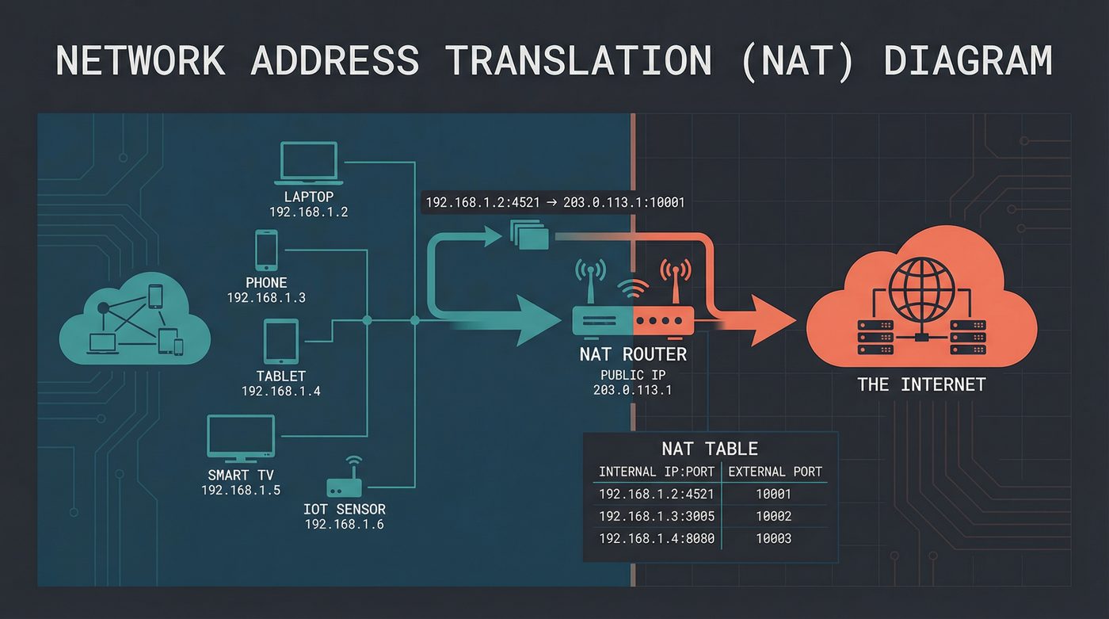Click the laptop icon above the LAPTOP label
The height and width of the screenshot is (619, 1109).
click(x=309, y=162)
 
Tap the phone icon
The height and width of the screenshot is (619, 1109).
click(x=267, y=250)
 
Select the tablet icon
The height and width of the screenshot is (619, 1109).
click(x=281, y=342)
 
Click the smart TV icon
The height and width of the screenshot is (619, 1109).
click(x=241, y=437)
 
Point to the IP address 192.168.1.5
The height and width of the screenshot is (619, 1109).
click(x=241, y=491)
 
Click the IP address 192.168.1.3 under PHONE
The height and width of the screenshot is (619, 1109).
click(x=266, y=298)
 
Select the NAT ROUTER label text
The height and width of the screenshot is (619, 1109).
click(x=633, y=354)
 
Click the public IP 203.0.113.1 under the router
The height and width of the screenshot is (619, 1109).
click(x=632, y=390)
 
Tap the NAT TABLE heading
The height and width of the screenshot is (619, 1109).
click(x=710, y=449)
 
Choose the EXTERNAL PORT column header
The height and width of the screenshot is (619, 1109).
click(x=775, y=472)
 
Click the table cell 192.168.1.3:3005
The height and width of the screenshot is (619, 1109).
click(x=657, y=517)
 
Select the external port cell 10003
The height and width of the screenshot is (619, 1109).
click(x=774, y=539)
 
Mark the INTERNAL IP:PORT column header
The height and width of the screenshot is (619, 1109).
click(x=657, y=472)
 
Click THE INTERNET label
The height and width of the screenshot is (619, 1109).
click(x=921, y=385)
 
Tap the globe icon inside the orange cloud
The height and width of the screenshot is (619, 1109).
click(x=921, y=289)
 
